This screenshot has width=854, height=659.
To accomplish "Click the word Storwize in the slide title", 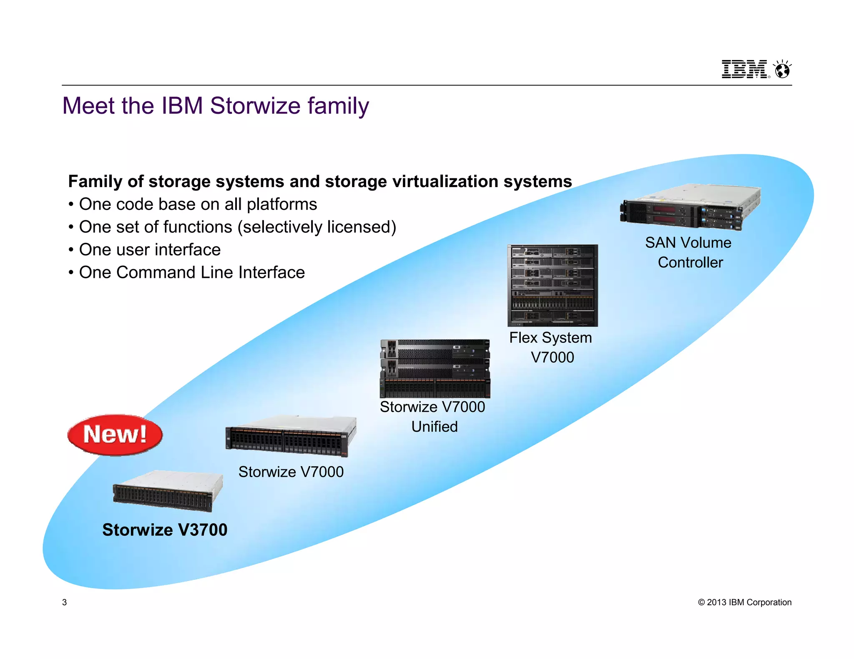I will [255, 106].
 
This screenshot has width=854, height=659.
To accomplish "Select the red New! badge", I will [115, 434].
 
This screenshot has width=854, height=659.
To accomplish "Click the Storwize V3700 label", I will [165, 530].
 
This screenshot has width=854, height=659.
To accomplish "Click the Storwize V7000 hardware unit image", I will [291, 437].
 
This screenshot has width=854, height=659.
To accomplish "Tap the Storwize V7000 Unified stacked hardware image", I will [435, 369].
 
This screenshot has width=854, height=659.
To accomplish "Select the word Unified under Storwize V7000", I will [435, 427].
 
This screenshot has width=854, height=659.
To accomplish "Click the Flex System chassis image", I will [553, 285].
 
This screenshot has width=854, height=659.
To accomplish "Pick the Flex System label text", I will [550, 338].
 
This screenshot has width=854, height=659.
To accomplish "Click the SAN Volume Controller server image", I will [690, 207].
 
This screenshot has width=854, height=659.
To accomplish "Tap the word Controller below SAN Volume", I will [690, 262].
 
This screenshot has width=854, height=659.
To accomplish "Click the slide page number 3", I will [64, 602].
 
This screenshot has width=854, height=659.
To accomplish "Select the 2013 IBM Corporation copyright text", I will [744, 602].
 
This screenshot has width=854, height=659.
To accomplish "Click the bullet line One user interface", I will [150, 250].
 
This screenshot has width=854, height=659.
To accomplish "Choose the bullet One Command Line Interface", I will [192, 272].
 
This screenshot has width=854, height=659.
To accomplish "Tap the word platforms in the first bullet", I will [282, 205].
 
